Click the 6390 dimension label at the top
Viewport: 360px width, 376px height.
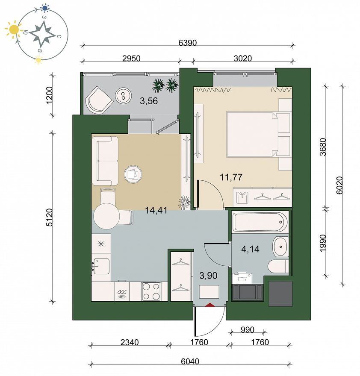[188, 43]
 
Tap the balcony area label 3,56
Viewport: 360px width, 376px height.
[149, 101]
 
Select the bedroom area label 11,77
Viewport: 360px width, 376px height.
[231, 177]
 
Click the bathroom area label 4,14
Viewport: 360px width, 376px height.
[250, 249]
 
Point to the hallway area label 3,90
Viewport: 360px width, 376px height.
[208, 276]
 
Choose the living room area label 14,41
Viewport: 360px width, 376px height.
[156, 211]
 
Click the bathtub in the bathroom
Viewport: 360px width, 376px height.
[261, 222]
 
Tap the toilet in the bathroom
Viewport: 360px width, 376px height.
[278, 266]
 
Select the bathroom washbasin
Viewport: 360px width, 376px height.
[280, 247]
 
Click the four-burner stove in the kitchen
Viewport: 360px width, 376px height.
[151, 291]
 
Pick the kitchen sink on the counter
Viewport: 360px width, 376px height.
[101, 266]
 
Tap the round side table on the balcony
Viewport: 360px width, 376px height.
[124, 95]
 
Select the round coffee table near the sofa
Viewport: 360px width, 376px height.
[133, 174]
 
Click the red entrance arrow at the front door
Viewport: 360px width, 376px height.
[210, 305]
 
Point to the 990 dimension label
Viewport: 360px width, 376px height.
[247, 330]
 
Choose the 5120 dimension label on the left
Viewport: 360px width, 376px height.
[49, 217]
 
